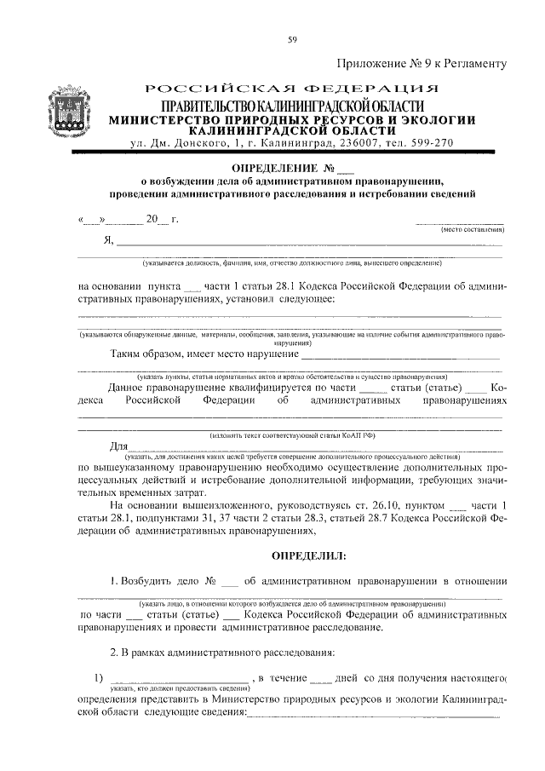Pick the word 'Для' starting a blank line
[119, 446]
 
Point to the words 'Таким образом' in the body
[148, 354]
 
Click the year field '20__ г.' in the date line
[162, 219]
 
